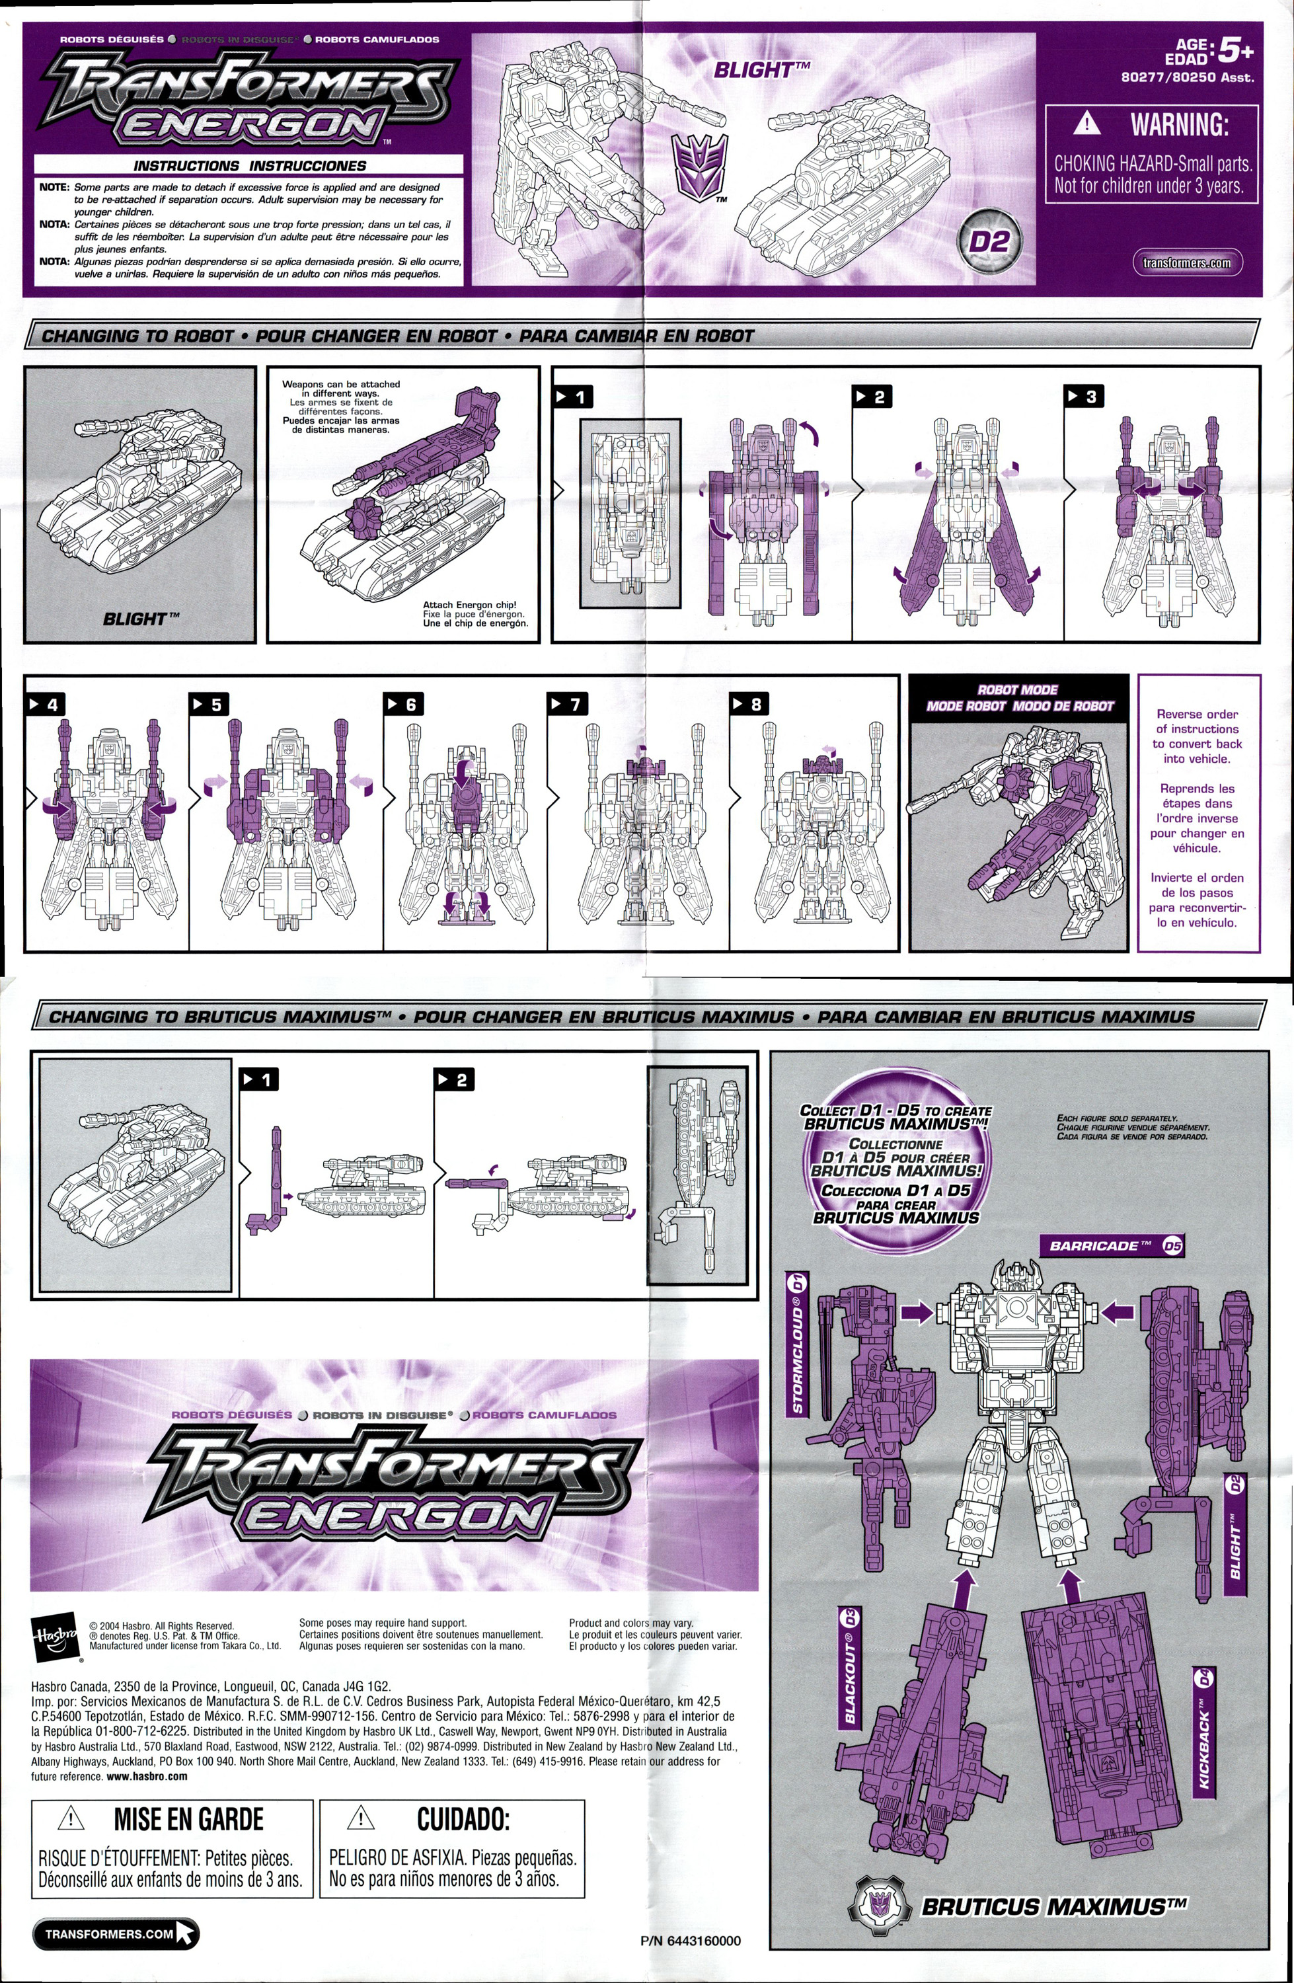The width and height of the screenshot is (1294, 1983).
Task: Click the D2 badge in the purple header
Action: click(989, 242)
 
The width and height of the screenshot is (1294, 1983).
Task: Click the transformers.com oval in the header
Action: click(1186, 262)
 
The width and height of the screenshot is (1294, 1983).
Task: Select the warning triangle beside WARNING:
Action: click(1086, 125)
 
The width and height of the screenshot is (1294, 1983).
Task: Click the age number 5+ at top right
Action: click(1235, 52)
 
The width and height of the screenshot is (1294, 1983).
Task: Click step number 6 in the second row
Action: click(403, 704)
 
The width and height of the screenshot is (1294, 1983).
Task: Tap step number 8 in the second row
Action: click(748, 704)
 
